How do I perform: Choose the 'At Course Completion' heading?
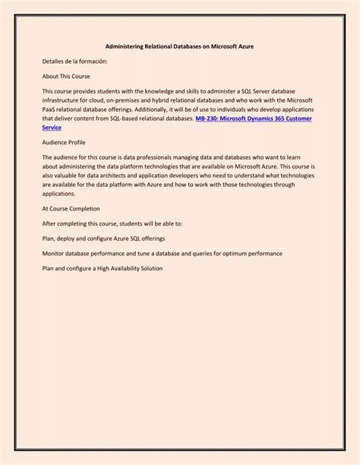pos(71,208)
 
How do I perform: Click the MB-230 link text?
pos(208,119)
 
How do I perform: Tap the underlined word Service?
pos(52,128)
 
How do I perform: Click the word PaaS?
pos(50,109)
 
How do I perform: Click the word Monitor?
pos(55,254)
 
